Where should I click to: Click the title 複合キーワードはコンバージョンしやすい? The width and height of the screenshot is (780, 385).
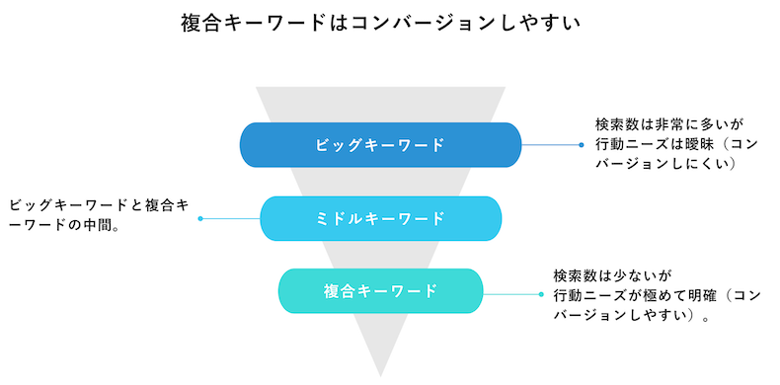click(380, 22)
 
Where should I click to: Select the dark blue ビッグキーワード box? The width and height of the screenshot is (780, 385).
click(380, 144)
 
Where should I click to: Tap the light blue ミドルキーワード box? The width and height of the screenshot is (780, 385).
click(380, 218)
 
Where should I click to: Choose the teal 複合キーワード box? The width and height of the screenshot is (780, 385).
click(380, 291)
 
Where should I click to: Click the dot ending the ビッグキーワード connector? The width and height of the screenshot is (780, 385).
click(582, 144)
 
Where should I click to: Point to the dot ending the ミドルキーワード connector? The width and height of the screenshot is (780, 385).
click(200, 218)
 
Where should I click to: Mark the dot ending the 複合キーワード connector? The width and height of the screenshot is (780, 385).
click(540, 293)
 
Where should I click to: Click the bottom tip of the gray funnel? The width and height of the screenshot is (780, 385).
click(380, 373)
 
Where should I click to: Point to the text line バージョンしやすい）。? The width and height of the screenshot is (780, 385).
click(632, 317)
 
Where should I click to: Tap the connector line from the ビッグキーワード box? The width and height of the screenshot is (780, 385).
click(550, 144)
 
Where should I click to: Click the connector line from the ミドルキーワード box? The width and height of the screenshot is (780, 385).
click(230, 218)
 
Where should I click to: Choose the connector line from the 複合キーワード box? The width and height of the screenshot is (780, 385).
click(511, 293)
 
